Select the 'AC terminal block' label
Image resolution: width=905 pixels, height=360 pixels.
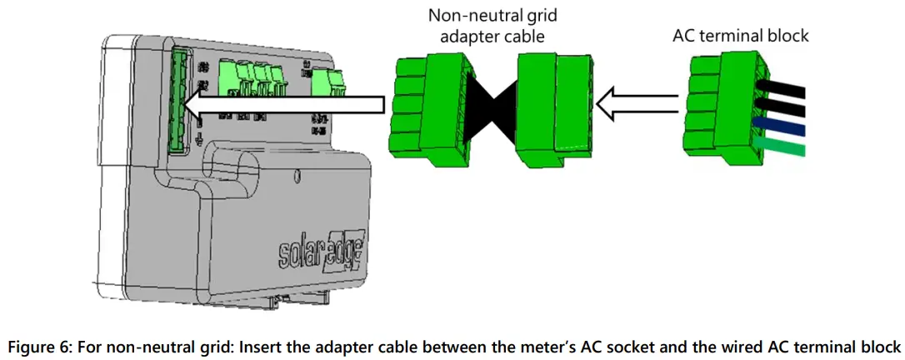[x=741, y=37]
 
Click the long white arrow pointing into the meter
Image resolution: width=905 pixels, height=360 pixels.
[x=283, y=103]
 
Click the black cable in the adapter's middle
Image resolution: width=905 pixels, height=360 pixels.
[x=489, y=109]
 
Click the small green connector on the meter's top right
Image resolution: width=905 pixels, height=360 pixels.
[x=332, y=80]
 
